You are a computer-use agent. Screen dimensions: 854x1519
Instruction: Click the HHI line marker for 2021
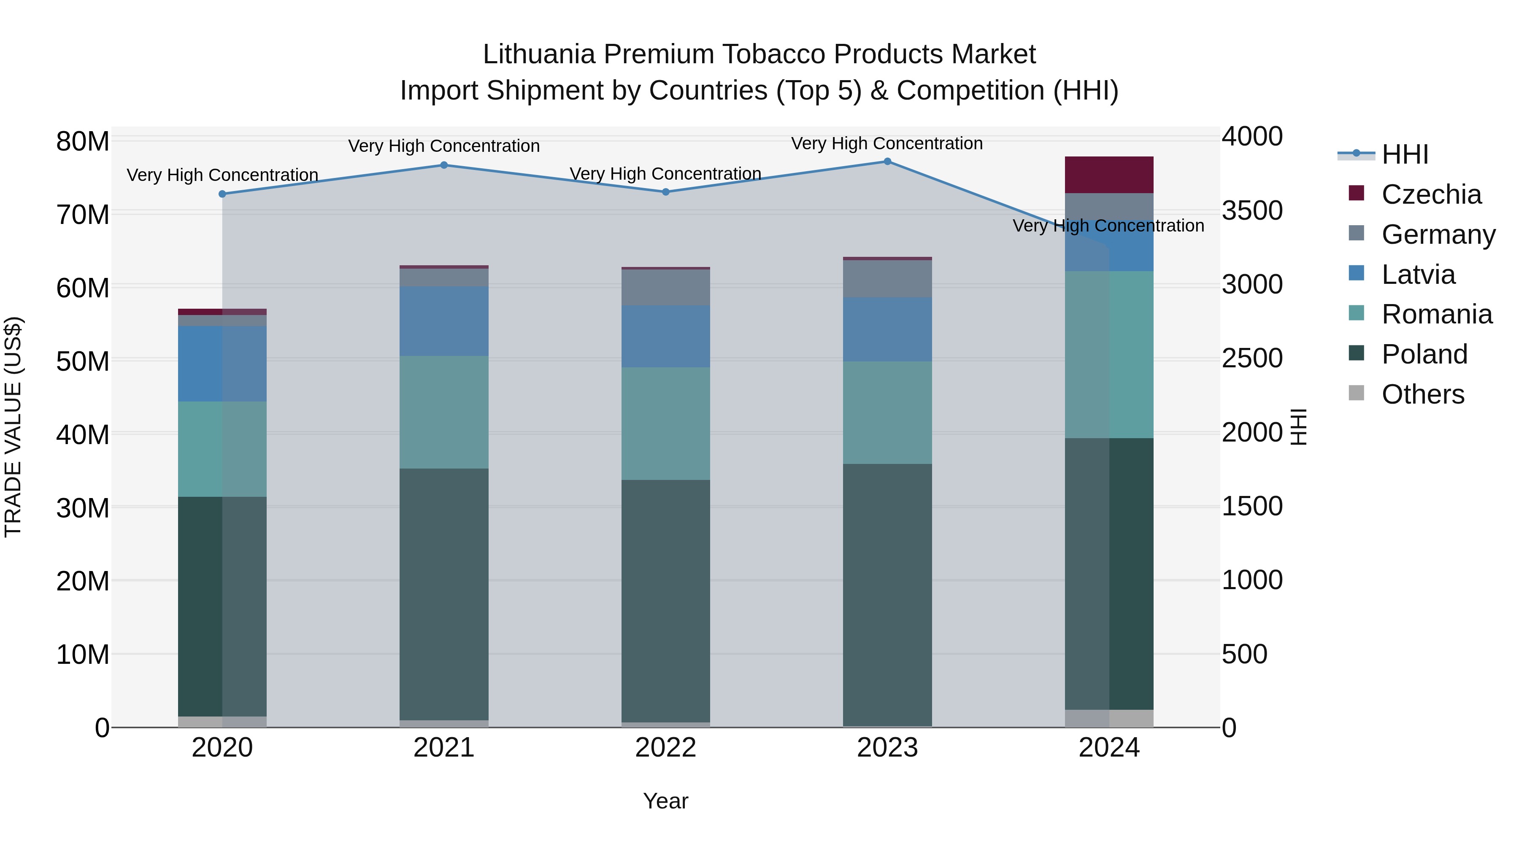(444, 165)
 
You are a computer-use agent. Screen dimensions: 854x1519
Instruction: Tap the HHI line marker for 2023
(887, 162)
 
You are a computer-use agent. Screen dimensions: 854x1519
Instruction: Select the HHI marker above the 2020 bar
(222, 194)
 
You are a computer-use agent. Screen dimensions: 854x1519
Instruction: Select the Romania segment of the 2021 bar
(444, 412)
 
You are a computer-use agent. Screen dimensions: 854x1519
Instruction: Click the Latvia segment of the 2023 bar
(887, 329)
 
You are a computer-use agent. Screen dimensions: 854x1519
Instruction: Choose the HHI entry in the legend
(1405, 154)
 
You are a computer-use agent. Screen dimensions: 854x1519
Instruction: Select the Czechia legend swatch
(1356, 193)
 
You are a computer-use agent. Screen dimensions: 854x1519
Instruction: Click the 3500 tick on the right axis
(1251, 210)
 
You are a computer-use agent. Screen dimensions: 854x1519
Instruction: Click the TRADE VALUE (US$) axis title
(13, 427)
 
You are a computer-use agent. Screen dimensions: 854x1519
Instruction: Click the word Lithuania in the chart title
(539, 54)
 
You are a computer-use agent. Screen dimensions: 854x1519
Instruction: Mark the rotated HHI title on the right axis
(1298, 427)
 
